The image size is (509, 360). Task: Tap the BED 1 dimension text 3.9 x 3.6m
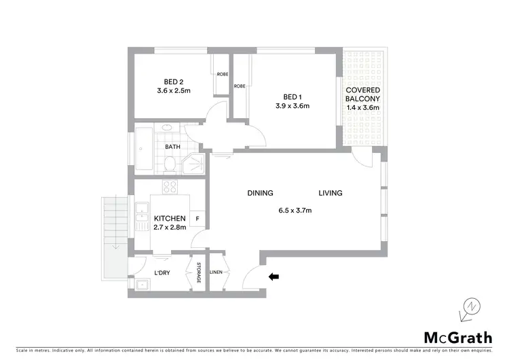coord(292,105)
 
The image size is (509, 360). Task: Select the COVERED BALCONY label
coord(363,98)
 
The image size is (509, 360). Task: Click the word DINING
coord(260,194)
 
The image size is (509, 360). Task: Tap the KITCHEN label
coord(170,218)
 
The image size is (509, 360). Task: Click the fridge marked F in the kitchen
coord(197,219)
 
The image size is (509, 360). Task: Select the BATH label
coord(173,146)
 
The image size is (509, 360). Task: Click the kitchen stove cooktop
coord(169,188)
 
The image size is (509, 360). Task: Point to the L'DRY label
coord(162,272)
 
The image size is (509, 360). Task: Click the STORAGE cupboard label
coord(200,272)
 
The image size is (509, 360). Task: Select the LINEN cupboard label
coord(216,272)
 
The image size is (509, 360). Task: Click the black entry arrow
coord(274,276)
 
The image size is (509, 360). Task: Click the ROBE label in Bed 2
coord(222,75)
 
